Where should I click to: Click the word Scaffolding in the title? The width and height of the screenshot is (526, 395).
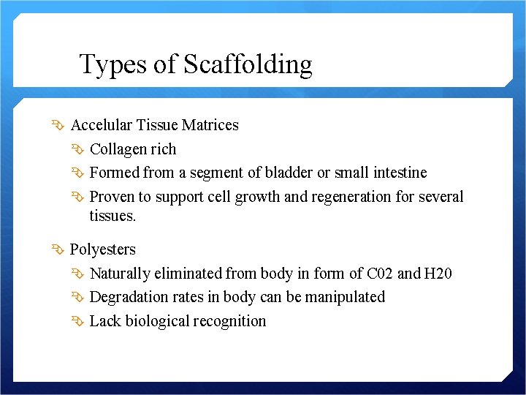coord(248,65)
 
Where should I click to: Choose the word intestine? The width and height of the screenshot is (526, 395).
coord(397,173)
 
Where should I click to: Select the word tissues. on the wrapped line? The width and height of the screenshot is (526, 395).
coord(113,216)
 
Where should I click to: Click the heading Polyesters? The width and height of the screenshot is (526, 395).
coord(103,249)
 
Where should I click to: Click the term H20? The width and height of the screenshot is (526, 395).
coord(438,274)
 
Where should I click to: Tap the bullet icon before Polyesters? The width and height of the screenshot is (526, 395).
coord(58,249)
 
